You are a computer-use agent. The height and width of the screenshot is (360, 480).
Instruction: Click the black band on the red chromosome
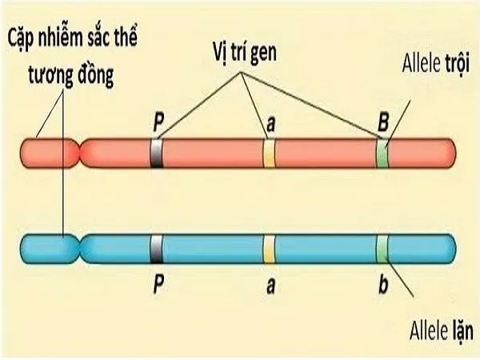click(x=156, y=153)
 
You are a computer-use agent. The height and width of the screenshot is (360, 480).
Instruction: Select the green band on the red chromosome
click(x=383, y=153)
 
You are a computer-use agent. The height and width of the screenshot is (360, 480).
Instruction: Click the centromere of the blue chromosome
click(x=78, y=245)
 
